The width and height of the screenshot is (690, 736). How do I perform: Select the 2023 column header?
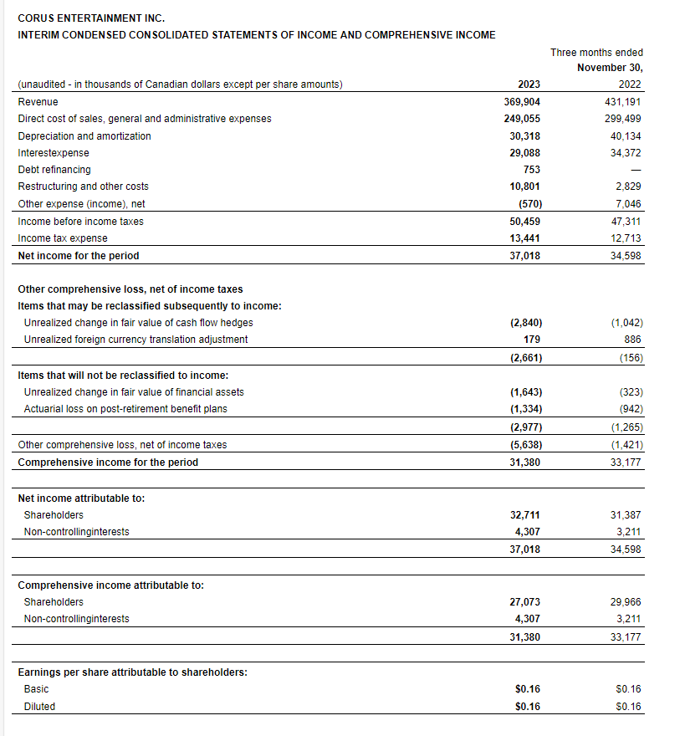pos(529,84)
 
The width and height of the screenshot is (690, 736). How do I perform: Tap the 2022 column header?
pos(631,84)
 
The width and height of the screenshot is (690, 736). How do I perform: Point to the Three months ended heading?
pos(596,53)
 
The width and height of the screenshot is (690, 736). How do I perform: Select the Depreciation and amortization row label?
pos(84,135)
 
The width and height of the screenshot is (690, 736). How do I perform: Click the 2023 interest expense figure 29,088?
pos(524,153)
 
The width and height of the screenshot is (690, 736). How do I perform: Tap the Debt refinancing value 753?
pos(532,170)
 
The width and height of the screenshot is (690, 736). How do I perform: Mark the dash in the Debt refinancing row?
pos(636,171)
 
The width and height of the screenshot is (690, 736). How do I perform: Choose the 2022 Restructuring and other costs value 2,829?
pos(628,187)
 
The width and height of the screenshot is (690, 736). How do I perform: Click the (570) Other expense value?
pos(527,203)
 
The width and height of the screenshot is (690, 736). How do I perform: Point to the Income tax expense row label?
pos(63,238)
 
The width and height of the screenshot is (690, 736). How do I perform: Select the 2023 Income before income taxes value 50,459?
pos(524,222)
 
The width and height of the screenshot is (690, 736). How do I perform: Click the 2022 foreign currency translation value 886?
pos(634,339)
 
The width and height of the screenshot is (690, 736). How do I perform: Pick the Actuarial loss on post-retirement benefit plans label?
pos(125,409)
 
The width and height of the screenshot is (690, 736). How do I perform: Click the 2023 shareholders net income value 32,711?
pos(524,515)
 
